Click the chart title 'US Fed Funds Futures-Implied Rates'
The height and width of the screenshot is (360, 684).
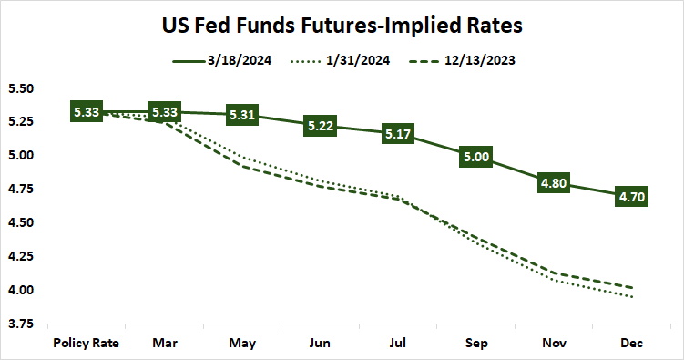[342, 25]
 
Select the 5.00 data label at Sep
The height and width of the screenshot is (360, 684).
[477, 157]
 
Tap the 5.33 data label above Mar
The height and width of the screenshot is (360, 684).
[164, 113]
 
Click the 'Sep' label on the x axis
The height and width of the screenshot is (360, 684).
[477, 343]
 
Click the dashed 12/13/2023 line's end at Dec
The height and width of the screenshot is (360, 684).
[633, 288]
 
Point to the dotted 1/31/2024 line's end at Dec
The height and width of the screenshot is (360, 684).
[633, 297]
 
